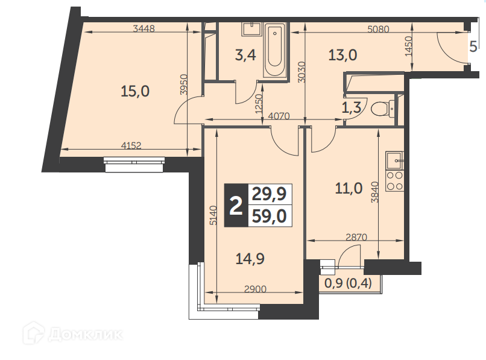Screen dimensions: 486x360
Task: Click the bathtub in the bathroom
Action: (274, 50)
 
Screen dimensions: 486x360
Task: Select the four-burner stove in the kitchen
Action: (394, 181)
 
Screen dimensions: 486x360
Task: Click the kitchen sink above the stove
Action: (394, 160)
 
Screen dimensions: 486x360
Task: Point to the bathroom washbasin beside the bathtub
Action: (253, 29)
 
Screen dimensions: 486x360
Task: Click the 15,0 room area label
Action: (135, 92)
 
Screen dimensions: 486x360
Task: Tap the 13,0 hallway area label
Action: (342, 55)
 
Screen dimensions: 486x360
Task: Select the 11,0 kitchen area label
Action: (349, 188)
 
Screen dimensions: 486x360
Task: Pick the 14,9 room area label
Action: (250, 259)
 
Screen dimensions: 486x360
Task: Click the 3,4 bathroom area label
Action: (245, 56)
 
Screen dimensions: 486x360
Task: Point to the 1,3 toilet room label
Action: (352, 108)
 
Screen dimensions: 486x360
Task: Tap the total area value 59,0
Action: (269, 216)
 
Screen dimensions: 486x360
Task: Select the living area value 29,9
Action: (269, 194)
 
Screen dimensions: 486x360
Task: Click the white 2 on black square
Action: (236, 206)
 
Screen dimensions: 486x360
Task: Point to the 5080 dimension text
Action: (378, 29)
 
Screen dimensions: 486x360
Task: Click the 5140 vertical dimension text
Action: (213, 215)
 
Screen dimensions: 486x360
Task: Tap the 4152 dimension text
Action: (131, 145)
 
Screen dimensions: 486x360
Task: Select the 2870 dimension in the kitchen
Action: (356, 237)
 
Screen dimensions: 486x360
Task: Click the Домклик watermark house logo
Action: (34, 333)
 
